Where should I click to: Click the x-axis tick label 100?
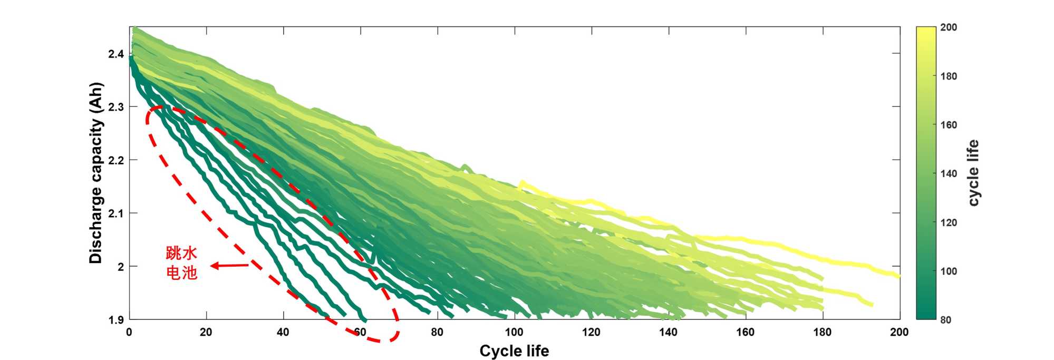click(x=514, y=332)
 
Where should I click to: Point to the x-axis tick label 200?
click(x=899, y=332)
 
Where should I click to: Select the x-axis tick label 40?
click(x=283, y=332)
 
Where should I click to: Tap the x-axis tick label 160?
click(x=745, y=332)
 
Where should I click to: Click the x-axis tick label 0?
click(x=129, y=332)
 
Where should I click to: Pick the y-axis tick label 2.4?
click(x=116, y=54)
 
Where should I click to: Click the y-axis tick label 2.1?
click(x=116, y=213)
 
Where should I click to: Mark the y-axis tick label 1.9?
click(x=116, y=320)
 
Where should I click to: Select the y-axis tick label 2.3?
click(x=116, y=107)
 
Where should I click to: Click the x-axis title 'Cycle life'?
click(x=514, y=351)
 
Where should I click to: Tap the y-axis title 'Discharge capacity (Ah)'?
click(x=96, y=173)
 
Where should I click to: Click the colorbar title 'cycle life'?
click(x=973, y=173)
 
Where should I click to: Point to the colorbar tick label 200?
click(x=949, y=27)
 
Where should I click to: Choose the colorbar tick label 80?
click(x=946, y=320)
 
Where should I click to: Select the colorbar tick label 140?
click(x=949, y=173)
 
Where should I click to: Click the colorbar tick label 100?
click(x=949, y=271)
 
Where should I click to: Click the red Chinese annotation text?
click(x=181, y=262)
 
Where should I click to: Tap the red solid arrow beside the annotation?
click(x=229, y=266)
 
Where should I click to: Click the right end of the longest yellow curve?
click(x=898, y=275)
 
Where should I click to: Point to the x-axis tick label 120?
click(x=591, y=332)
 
